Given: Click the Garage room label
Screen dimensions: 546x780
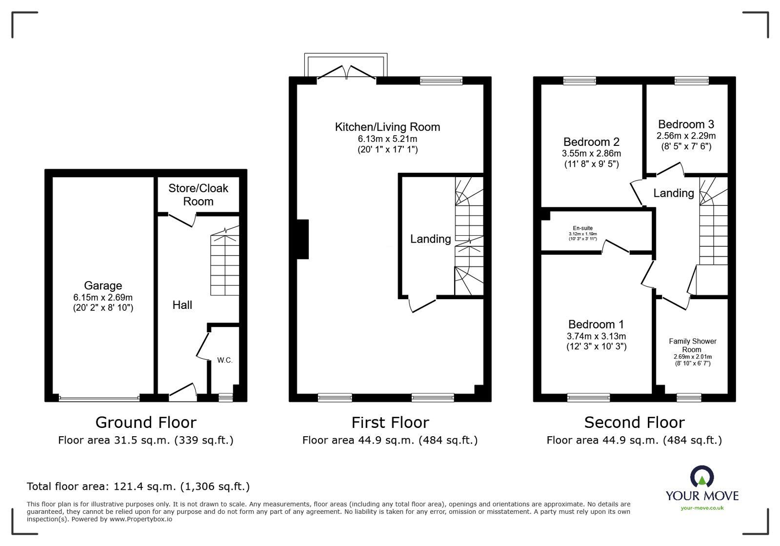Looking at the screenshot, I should pos(103,285).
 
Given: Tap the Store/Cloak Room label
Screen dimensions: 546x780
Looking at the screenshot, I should pos(198,195).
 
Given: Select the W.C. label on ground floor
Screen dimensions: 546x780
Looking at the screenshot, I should pos(225,361).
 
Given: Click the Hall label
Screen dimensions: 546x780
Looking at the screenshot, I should pos(182,305).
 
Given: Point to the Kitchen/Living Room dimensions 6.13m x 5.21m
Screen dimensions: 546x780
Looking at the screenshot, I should pos(387,139).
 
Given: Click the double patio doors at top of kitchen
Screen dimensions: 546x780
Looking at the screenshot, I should pos(346,73).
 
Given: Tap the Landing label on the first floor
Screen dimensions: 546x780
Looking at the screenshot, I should pos(430,239).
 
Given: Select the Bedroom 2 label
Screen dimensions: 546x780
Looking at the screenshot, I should pos(591,142).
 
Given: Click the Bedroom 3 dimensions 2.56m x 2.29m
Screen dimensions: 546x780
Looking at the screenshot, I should pos(686,136).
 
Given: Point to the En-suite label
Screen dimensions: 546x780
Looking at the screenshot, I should pos(582,228).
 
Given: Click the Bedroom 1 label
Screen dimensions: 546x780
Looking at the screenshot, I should pos(596,324).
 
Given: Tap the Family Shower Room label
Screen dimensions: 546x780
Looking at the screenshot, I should pos(692,345).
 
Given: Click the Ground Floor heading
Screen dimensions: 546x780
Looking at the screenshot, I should pos(145,422).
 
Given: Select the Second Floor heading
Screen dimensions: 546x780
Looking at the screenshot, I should pos(634,422).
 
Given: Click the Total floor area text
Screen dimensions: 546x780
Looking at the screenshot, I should pos(138,486).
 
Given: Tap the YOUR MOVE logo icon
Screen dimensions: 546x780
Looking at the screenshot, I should pos(702,477).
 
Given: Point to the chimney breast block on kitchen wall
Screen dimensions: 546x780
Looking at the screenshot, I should pos(302,239).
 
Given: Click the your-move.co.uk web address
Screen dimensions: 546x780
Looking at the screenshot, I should pos(702,508).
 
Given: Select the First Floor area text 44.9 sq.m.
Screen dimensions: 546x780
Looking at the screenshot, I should pos(390,440).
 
